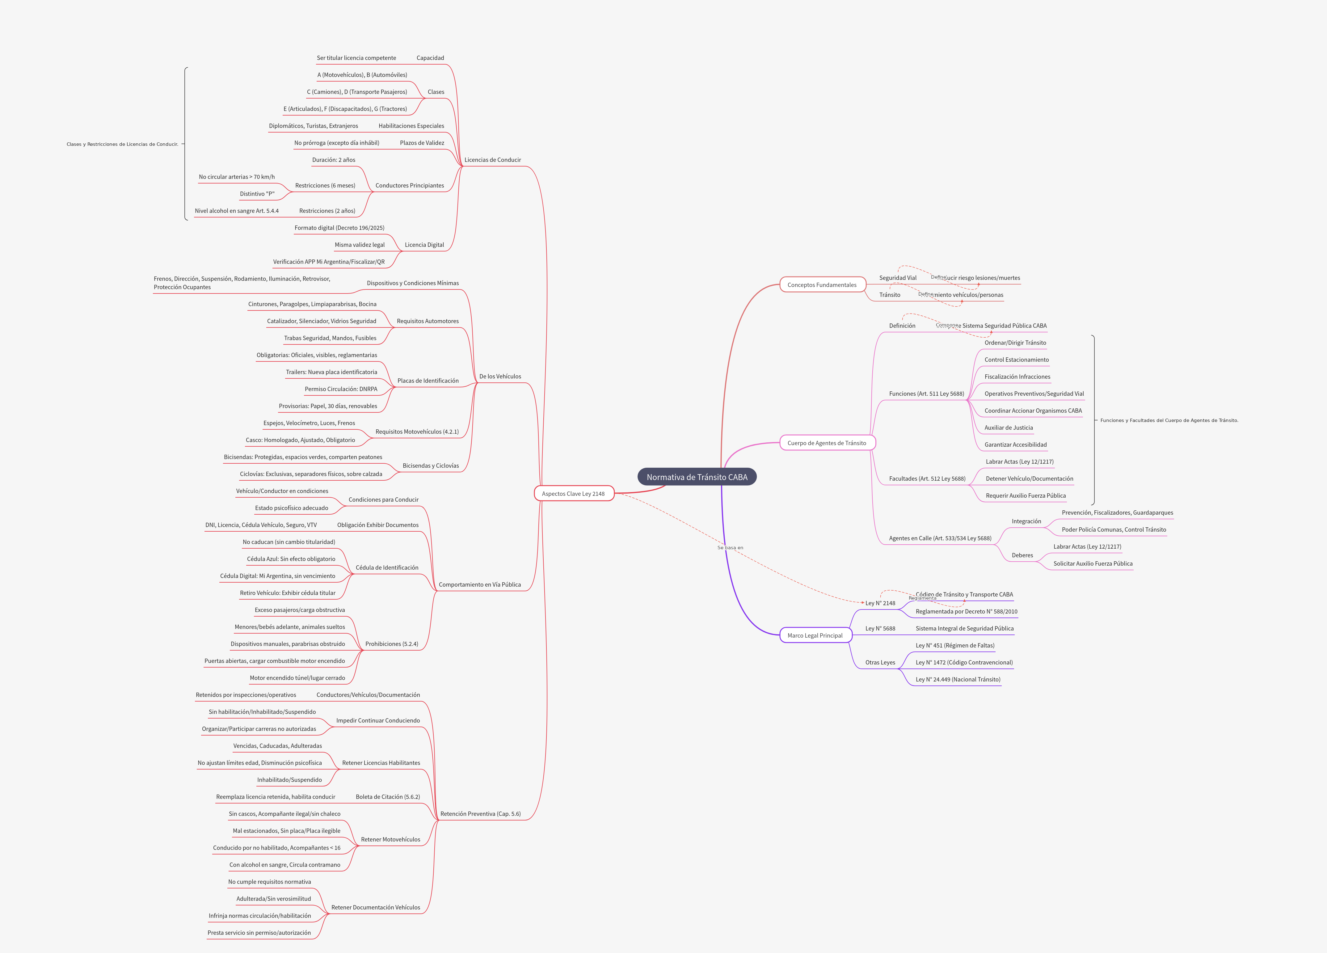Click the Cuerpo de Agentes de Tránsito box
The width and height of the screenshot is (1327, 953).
(826, 443)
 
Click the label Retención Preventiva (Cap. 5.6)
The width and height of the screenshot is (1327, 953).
(480, 814)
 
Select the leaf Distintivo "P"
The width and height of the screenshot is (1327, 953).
(257, 194)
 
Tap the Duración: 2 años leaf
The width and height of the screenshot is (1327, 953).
(334, 160)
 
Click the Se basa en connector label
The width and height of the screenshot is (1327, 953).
(730, 548)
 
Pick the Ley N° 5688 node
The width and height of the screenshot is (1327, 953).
(880, 628)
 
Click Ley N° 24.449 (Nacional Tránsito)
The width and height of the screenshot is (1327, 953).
(958, 679)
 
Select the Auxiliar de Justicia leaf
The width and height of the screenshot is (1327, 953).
(1008, 428)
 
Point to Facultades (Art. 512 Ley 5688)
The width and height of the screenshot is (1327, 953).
(927, 479)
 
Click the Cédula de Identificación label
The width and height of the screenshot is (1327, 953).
(387, 567)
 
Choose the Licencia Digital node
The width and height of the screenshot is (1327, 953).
(424, 245)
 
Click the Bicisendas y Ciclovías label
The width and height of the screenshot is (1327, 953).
(431, 466)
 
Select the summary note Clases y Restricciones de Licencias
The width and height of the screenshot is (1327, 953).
(122, 144)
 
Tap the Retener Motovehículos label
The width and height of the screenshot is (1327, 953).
(390, 840)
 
